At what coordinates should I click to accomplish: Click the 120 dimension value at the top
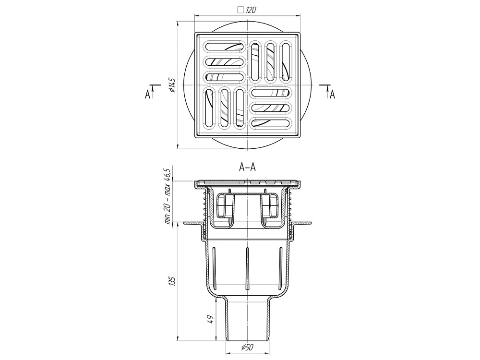[x=251, y=10]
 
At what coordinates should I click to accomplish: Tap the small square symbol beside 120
[x=240, y=10]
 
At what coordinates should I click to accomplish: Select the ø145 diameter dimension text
[x=172, y=85]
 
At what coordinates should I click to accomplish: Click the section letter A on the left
[x=147, y=95]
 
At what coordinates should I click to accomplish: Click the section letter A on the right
[x=333, y=95]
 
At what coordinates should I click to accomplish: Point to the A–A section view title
[x=247, y=168]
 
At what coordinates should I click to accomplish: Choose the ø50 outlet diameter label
[x=247, y=347]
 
